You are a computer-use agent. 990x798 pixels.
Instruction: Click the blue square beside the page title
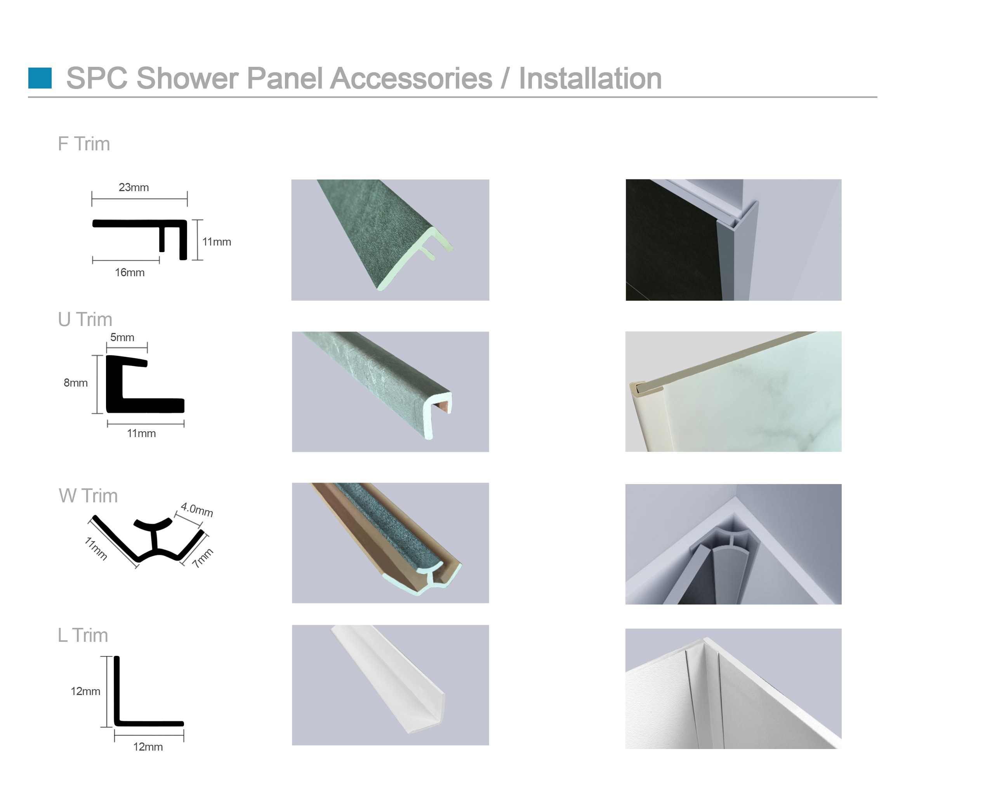pos(40,78)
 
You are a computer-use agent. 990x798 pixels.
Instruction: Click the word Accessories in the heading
pos(411,78)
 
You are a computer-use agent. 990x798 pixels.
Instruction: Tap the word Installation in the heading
pos(591,78)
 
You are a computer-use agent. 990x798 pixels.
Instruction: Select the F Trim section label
pos(84,144)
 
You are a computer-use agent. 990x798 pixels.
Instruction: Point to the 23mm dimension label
pos(134,187)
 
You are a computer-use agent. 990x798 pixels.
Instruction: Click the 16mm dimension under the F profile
pos(130,273)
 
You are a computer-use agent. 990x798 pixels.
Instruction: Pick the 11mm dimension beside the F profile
pos(217,242)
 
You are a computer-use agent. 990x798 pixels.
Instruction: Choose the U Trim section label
pos(85,319)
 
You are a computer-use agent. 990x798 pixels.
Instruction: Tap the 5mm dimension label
pos(122,337)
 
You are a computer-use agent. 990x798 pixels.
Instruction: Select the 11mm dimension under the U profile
pos(141,434)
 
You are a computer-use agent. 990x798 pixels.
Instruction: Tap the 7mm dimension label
pos(203,558)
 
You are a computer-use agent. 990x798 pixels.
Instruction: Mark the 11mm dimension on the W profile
pos(96,549)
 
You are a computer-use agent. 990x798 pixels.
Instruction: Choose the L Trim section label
pos(83,635)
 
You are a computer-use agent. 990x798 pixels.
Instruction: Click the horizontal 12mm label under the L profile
pos(148,747)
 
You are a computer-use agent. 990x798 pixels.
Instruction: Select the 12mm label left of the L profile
pos(85,692)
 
